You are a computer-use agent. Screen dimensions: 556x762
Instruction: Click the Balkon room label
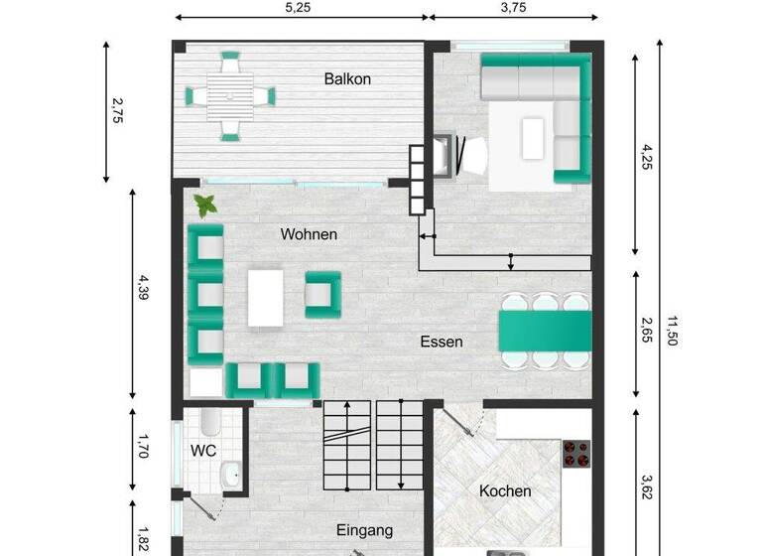coord(347,78)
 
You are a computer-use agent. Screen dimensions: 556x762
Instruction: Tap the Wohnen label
coord(309,235)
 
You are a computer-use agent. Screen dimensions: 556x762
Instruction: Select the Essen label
coord(442,342)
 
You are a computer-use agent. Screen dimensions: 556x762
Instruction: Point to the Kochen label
coord(505,490)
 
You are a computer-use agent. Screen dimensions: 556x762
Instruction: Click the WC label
coord(203,450)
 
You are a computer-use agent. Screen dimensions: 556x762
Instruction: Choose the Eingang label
coord(364,530)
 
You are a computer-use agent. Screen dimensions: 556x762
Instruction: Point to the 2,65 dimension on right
coord(646,332)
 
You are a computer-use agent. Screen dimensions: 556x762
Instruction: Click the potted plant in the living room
coord(206,206)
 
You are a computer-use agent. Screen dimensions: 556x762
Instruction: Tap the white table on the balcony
coord(230,96)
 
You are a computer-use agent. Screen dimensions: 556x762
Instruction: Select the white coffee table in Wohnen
coord(265,297)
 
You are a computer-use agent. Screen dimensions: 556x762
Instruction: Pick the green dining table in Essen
coord(545,330)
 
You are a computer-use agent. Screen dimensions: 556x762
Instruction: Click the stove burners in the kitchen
coord(575,454)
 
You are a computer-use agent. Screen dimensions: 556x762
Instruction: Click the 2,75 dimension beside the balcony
coord(117,111)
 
